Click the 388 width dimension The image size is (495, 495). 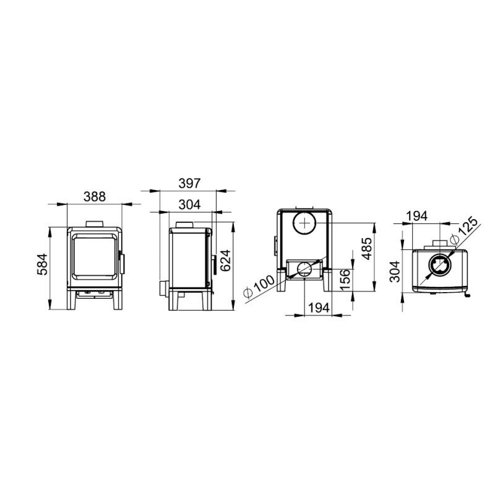click(x=95, y=197)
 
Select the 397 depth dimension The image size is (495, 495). click(x=189, y=183)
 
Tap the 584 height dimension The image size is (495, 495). click(x=42, y=264)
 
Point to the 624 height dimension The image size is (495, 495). click(x=225, y=260)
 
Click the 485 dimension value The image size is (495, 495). click(x=367, y=249)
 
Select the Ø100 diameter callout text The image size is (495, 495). click(x=259, y=286)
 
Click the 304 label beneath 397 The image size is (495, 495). click(x=189, y=205)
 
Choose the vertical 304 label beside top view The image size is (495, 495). click(x=395, y=272)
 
